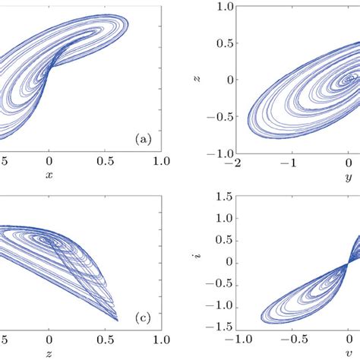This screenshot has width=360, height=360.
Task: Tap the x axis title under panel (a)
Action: [x=49, y=175]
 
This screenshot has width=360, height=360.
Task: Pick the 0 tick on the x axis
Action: [x=49, y=161]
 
